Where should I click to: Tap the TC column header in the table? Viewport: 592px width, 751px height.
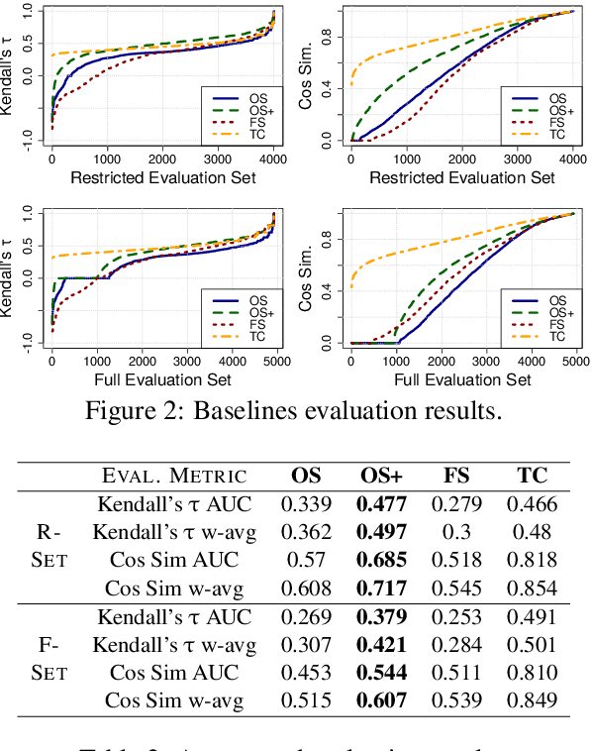click(x=532, y=476)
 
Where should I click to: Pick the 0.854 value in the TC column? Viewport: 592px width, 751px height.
click(x=532, y=588)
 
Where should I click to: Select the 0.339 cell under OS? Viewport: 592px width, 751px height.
click(x=306, y=504)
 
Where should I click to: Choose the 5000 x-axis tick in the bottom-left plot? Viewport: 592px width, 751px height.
click(x=275, y=363)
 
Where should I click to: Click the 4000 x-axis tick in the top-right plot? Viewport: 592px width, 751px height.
click(x=572, y=159)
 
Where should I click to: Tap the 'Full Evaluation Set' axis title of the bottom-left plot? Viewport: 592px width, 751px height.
click(x=163, y=379)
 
